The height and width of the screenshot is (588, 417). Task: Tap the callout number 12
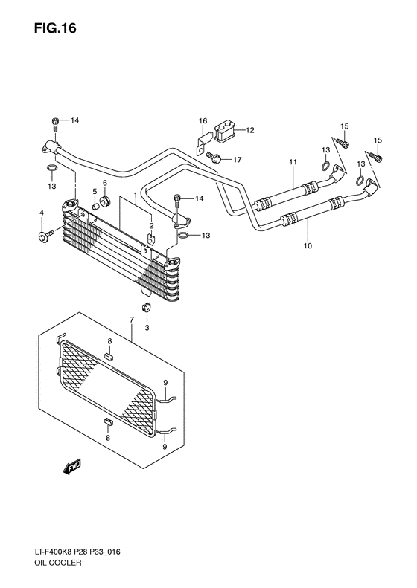[x=250, y=131]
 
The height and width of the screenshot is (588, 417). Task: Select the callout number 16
[x=203, y=121]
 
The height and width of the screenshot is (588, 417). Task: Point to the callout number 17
[x=238, y=160]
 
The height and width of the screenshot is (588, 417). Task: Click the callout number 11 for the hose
[x=293, y=163]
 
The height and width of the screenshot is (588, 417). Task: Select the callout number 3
[x=147, y=328]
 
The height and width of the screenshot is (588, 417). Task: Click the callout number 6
[x=105, y=183]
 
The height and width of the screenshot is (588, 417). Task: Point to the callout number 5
[x=95, y=191]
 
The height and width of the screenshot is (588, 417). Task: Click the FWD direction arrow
[x=72, y=466]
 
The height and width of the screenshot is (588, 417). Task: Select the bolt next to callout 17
[x=217, y=158]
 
